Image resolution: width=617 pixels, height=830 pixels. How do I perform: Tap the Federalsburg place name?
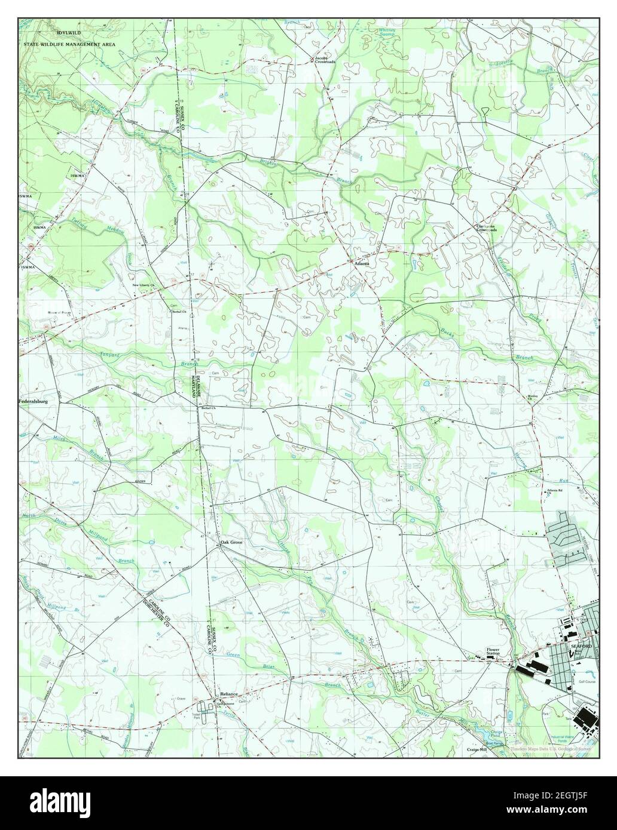[x=33, y=402]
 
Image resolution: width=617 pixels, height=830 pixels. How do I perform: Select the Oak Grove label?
[x=231, y=542]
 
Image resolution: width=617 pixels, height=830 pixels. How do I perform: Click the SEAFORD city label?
[x=581, y=647]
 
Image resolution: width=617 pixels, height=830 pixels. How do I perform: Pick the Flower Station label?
[x=493, y=651]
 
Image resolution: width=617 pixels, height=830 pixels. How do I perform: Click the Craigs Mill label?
[x=478, y=749]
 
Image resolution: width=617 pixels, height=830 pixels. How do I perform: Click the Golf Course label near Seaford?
[x=585, y=681]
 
